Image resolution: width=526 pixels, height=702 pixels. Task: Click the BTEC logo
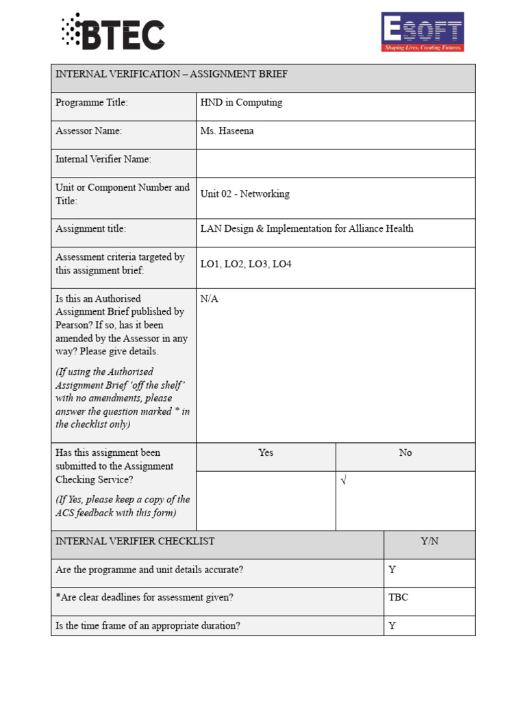114,32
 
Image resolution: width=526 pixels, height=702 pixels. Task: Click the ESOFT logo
422,32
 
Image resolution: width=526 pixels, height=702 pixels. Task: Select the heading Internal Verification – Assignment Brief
171,75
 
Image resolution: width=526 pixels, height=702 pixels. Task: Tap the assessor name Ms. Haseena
227,131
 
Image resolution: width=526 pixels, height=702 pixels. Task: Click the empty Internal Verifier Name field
335,163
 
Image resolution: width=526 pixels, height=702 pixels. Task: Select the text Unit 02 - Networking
245,194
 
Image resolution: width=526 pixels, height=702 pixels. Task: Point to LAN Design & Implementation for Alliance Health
306,229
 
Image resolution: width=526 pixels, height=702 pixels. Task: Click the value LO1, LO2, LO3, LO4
245,264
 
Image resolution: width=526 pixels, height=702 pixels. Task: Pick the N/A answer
209,299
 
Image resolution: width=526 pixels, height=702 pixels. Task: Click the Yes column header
266,453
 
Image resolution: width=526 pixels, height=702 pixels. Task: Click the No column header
405,453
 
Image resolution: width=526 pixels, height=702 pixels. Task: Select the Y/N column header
429,542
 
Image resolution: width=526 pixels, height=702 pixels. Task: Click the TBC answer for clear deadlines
398,598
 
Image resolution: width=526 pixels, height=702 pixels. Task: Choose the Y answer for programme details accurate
392,570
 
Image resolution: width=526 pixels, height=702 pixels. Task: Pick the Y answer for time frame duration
392,626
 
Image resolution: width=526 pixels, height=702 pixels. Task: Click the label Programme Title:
92,103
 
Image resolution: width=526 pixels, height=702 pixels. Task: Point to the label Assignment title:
91,229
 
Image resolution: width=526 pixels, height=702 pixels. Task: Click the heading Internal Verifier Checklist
135,542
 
